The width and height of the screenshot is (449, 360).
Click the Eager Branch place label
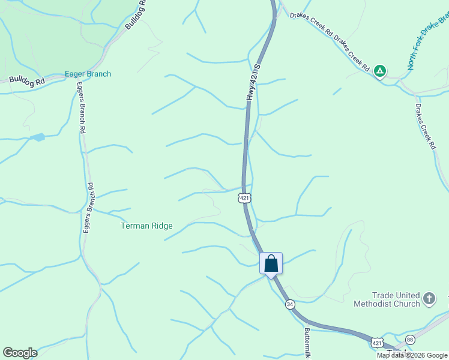click(x=88, y=74)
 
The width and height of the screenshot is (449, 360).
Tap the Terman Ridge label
click(x=146, y=226)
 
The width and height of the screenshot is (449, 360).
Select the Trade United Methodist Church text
click(x=396, y=299)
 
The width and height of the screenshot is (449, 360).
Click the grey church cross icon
click(x=429, y=298)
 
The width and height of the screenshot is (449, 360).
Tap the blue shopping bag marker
click(x=271, y=263)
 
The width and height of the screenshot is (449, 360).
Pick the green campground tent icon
click(x=379, y=71)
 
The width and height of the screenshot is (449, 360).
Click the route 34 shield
click(x=290, y=304)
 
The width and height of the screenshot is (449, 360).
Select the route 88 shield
click(x=410, y=340)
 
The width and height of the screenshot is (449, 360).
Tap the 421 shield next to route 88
click(x=376, y=343)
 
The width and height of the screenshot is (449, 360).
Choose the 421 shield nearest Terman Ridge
click(x=244, y=197)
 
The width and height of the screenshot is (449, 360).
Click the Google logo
click(x=20, y=353)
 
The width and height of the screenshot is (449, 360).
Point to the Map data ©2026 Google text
click(x=412, y=355)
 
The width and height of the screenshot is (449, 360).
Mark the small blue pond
click(x=38, y=137)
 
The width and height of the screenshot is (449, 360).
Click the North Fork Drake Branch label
click(x=427, y=43)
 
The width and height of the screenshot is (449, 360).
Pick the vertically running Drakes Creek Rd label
click(x=425, y=126)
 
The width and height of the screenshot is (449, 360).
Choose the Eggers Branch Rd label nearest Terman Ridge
click(x=88, y=208)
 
